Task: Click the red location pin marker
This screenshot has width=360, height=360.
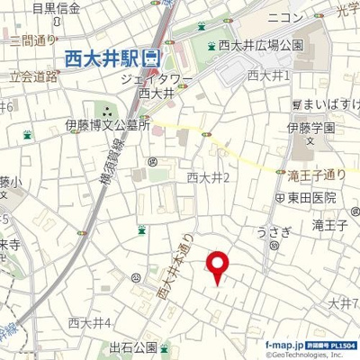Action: (x=218, y=265)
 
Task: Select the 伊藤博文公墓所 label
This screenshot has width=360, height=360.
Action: (x=107, y=126)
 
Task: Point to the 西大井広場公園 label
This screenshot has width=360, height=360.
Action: (x=258, y=45)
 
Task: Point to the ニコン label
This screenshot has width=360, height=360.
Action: (x=284, y=17)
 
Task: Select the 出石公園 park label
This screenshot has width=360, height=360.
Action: (x=134, y=347)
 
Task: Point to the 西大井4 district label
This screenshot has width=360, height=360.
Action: (x=90, y=322)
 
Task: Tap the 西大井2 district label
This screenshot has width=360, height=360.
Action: (x=209, y=177)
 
